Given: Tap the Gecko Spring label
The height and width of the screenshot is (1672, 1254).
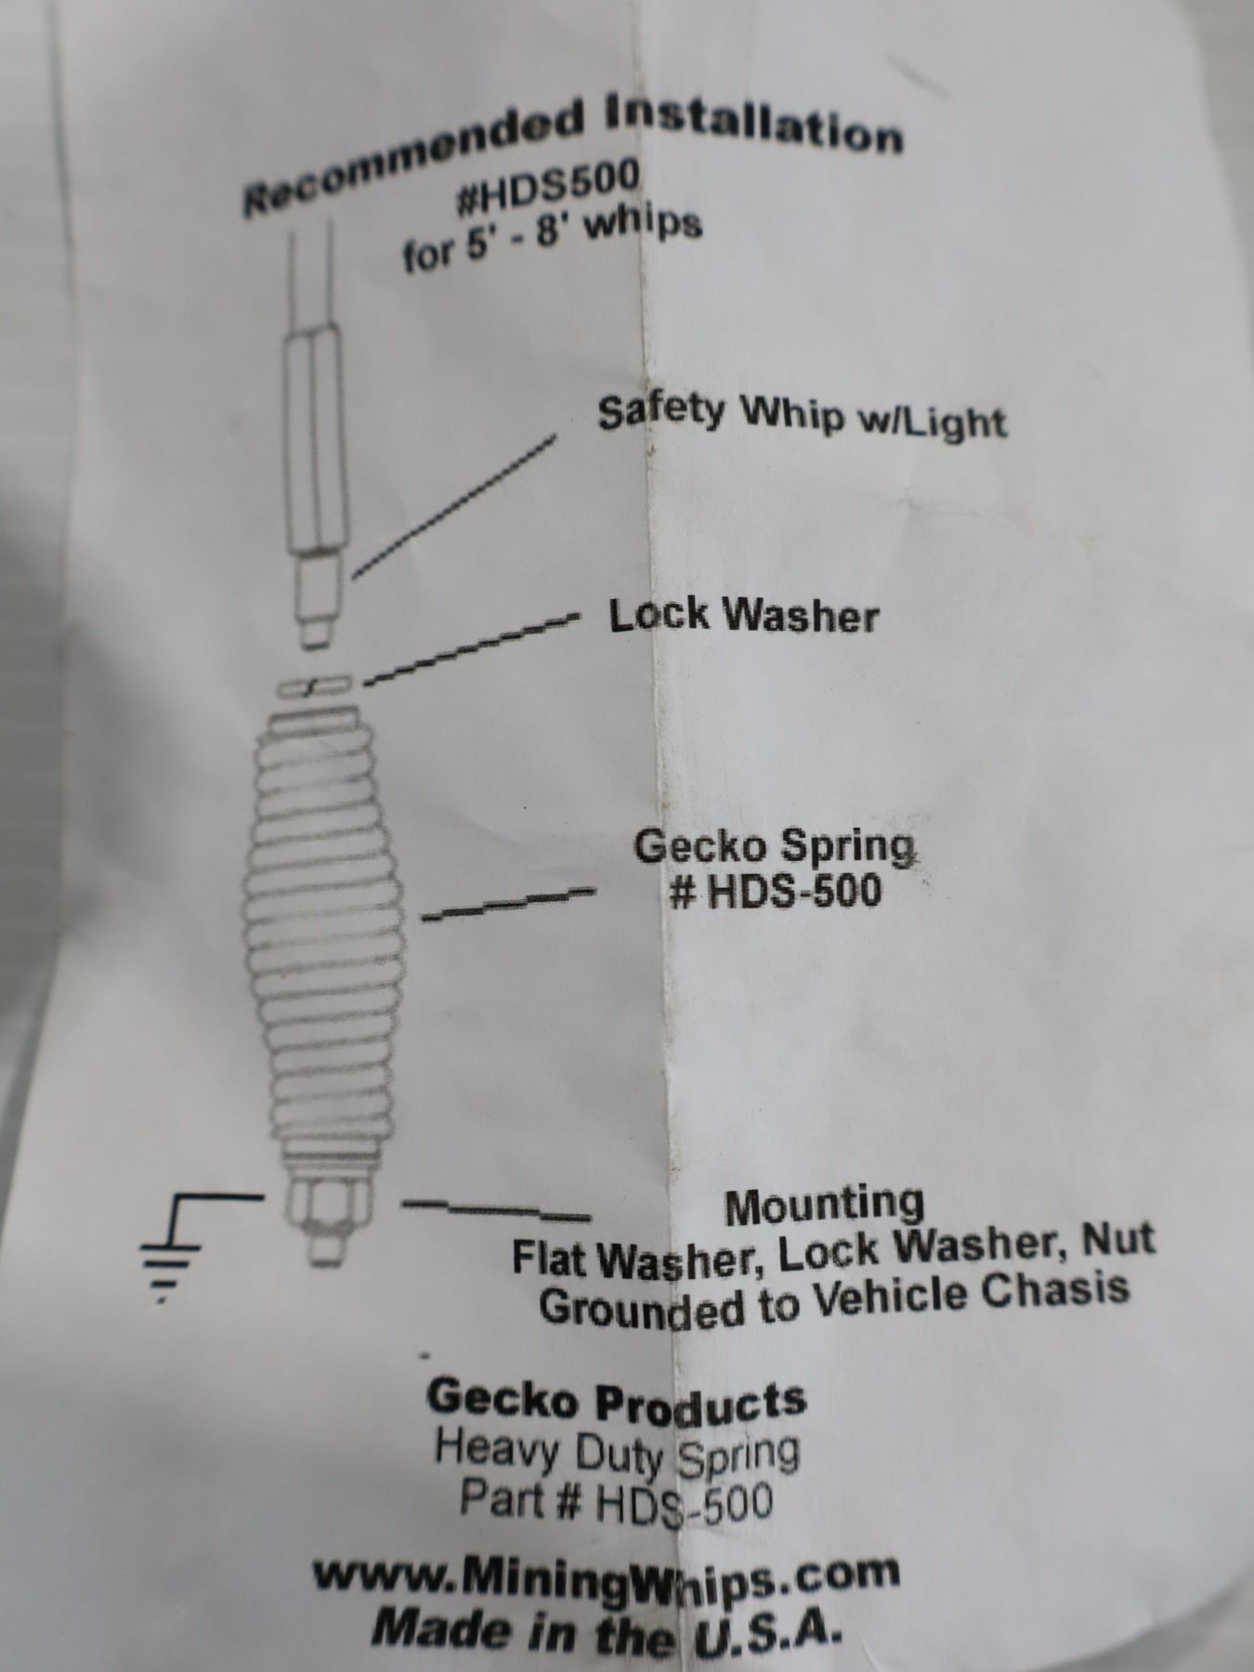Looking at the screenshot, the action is pyautogui.click(x=774, y=845).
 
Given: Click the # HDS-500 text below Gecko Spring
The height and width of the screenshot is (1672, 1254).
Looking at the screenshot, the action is pyautogui.click(x=776, y=892).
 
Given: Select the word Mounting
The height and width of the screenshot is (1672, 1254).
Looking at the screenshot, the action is pyautogui.click(x=825, y=1205).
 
